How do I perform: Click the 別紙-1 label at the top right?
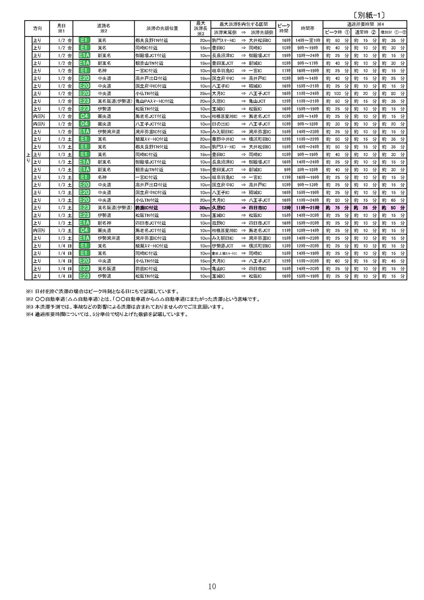pyautogui.click(x=369, y=15)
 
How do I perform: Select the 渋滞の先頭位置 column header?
pyautogui.click(x=162, y=28)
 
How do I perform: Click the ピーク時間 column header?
pyautogui.click(x=283, y=28)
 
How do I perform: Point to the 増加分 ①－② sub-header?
pyautogui.click(x=393, y=32)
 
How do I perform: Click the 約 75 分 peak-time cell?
pyautogui.click(x=337, y=208)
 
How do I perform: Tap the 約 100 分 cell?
pyautogui.click(x=337, y=94)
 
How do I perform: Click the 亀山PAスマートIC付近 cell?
pyautogui.click(x=154, y=101)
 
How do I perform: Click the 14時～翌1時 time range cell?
pyautogui.click(x=307, y=40)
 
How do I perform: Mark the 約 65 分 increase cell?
pyautogui.click(x=393, y=200)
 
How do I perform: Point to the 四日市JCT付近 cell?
pyautogui.click(x=151, y=223)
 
